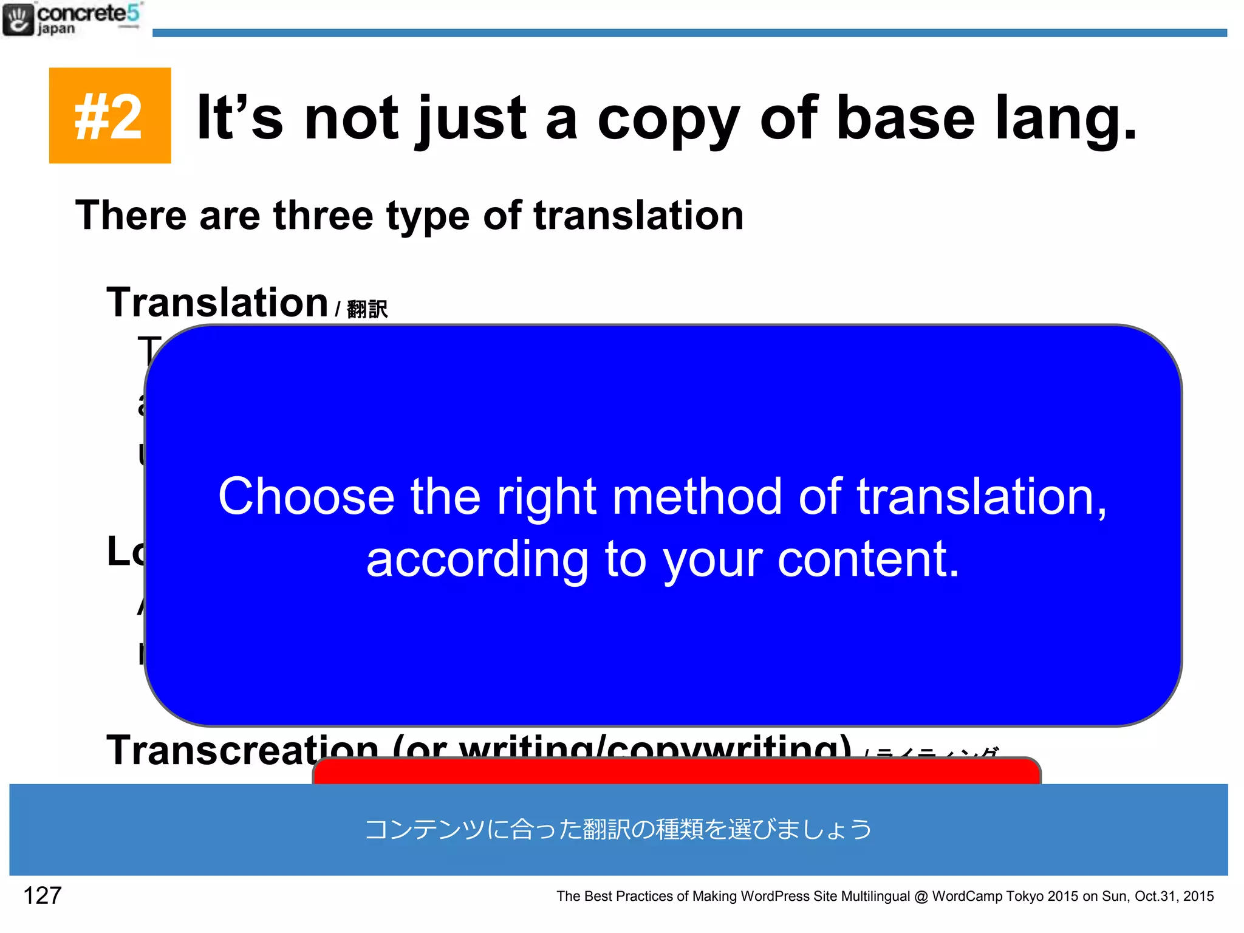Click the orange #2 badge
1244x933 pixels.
(109, 115)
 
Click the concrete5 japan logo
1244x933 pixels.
(72, 19)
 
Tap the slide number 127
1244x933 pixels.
(42, 895)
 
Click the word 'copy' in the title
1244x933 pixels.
(668, 119)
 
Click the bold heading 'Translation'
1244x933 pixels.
(217, 302)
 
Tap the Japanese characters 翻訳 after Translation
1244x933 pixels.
(367, 309)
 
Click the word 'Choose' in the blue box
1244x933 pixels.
(306, 497)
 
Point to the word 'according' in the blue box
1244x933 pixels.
(477, 560)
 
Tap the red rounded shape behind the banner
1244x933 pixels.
(676, 771)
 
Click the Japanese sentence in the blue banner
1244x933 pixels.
(618, 829)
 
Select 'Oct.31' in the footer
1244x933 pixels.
(1154, 897)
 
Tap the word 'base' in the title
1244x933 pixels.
(905, 119)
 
